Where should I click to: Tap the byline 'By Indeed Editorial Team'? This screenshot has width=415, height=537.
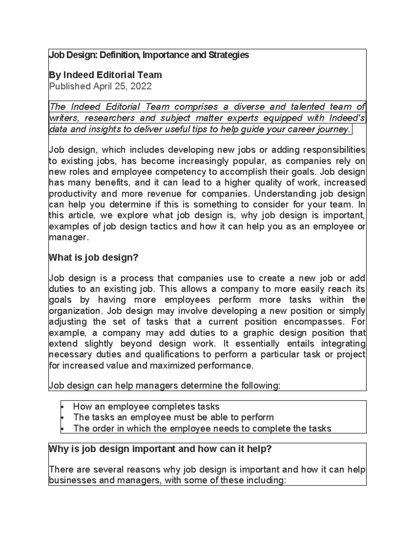tap(105, 75)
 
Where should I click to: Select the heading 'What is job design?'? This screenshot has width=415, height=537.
tap(94, 258)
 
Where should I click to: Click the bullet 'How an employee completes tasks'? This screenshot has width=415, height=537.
tap(146, 406)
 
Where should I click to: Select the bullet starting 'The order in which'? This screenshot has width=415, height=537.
tap(202, 428)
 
